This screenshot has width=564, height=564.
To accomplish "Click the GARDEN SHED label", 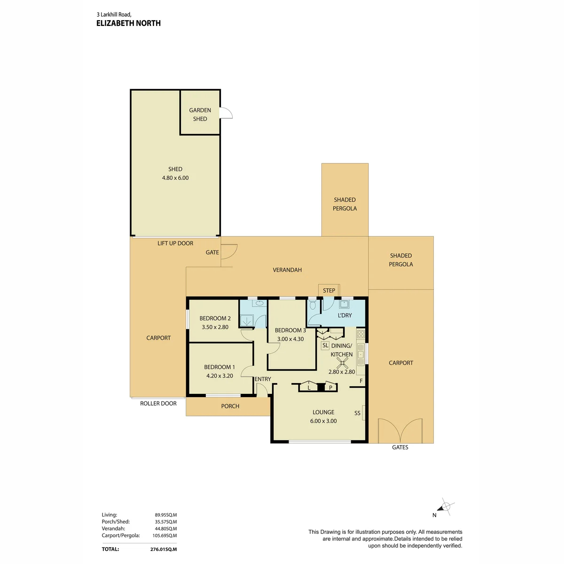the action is pos(200,114).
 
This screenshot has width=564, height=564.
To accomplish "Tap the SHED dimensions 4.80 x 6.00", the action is pos(175,178).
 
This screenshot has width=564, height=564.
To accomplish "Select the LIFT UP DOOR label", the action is pos(175,243).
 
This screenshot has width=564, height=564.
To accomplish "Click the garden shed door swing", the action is pos(227,113).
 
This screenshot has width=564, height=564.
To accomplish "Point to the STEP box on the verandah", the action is pos(329,290).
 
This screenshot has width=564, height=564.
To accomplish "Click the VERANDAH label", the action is pos(287,270).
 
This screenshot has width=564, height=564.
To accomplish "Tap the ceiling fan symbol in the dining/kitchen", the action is pos(342,363).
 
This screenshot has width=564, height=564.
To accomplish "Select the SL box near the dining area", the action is pos(325,345).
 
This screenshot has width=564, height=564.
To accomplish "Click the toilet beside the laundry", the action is pos(313,305).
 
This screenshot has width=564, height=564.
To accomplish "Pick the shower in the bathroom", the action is pos(246,321).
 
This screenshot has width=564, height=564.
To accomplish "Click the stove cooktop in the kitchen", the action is pos(361,334).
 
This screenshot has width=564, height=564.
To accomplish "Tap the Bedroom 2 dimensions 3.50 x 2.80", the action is pos(215,327).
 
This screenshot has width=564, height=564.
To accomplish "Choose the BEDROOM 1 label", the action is pos(219,367).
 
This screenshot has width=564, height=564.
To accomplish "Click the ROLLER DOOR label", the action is pos(158,404).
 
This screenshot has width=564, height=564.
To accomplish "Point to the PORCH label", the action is pos(230,406).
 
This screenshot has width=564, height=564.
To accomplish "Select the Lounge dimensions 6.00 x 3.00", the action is pos(323,421).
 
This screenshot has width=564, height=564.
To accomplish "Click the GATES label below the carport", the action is pos(400,447).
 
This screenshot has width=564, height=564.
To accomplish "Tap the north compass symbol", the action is pos(445,506).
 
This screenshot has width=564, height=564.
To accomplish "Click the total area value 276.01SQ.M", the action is pos(164,549).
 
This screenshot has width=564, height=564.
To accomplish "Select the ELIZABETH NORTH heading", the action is pos(128,23).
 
